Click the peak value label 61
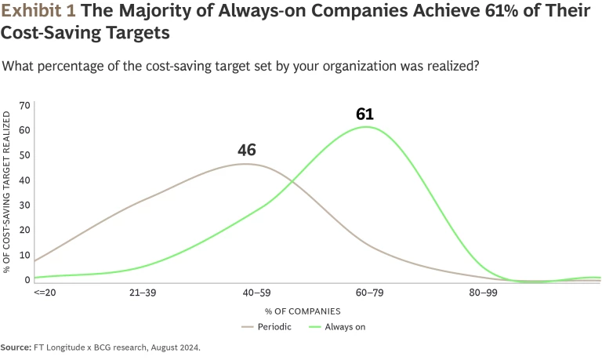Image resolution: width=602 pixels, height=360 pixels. coord(364,115)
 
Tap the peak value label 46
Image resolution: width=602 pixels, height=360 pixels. coord(247,151)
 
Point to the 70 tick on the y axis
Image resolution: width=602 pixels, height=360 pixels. coord(24,105)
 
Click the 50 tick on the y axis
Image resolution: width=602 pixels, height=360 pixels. coord(24,155)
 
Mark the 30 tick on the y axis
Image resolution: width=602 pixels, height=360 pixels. coord(24,205)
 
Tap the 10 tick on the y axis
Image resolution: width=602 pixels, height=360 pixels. coord(24,255)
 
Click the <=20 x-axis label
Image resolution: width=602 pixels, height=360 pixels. coord(44,293)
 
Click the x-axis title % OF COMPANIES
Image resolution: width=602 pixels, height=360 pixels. coord(309,311)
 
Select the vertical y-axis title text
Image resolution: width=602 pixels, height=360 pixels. coord(7,191)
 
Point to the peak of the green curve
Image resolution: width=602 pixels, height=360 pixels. coord(366,127)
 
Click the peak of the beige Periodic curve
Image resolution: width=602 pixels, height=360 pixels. coord(246,163)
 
